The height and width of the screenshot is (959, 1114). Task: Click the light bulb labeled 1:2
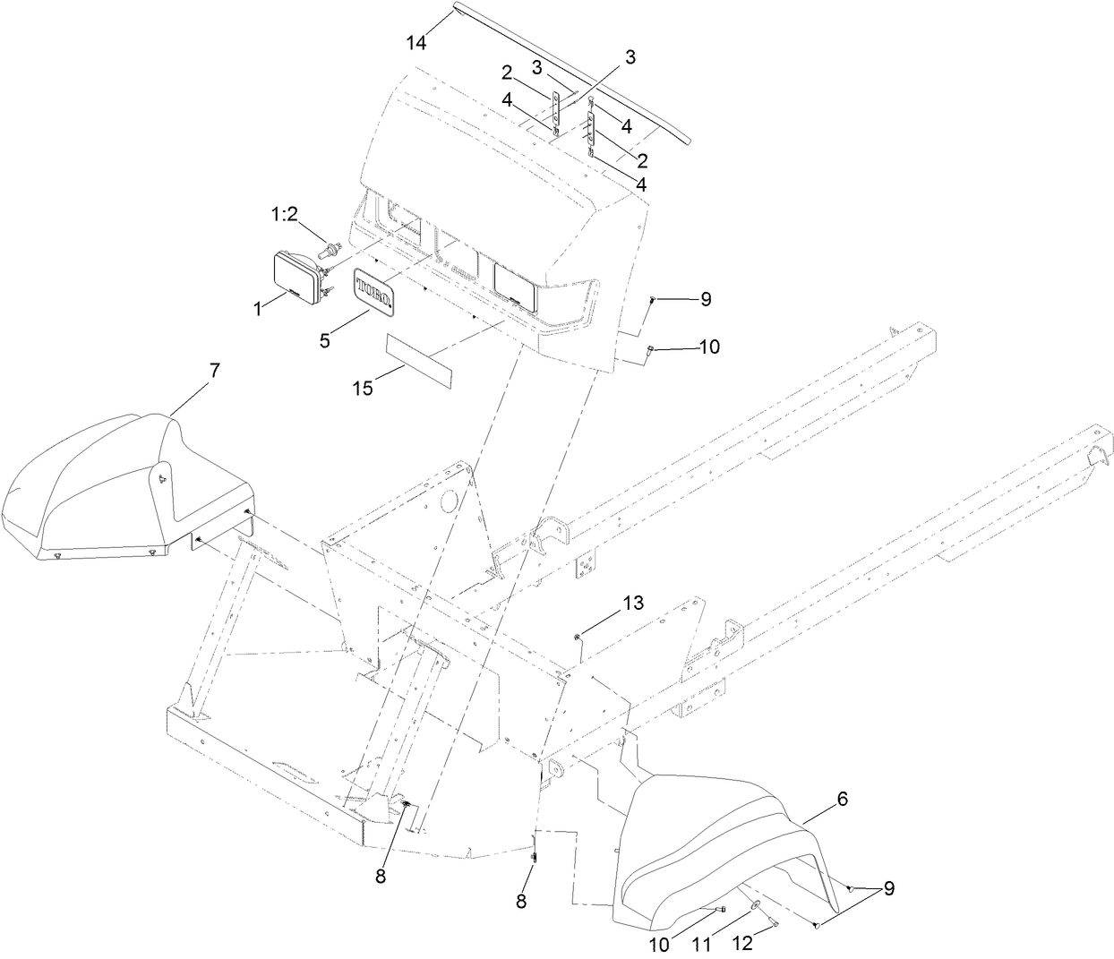(x=332, y=247)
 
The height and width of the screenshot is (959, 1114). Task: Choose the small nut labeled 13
(x=578, y=637)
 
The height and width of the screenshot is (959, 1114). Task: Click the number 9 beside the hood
(x=706, y=299)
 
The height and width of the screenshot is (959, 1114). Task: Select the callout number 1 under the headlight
(x=258, y=308)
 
